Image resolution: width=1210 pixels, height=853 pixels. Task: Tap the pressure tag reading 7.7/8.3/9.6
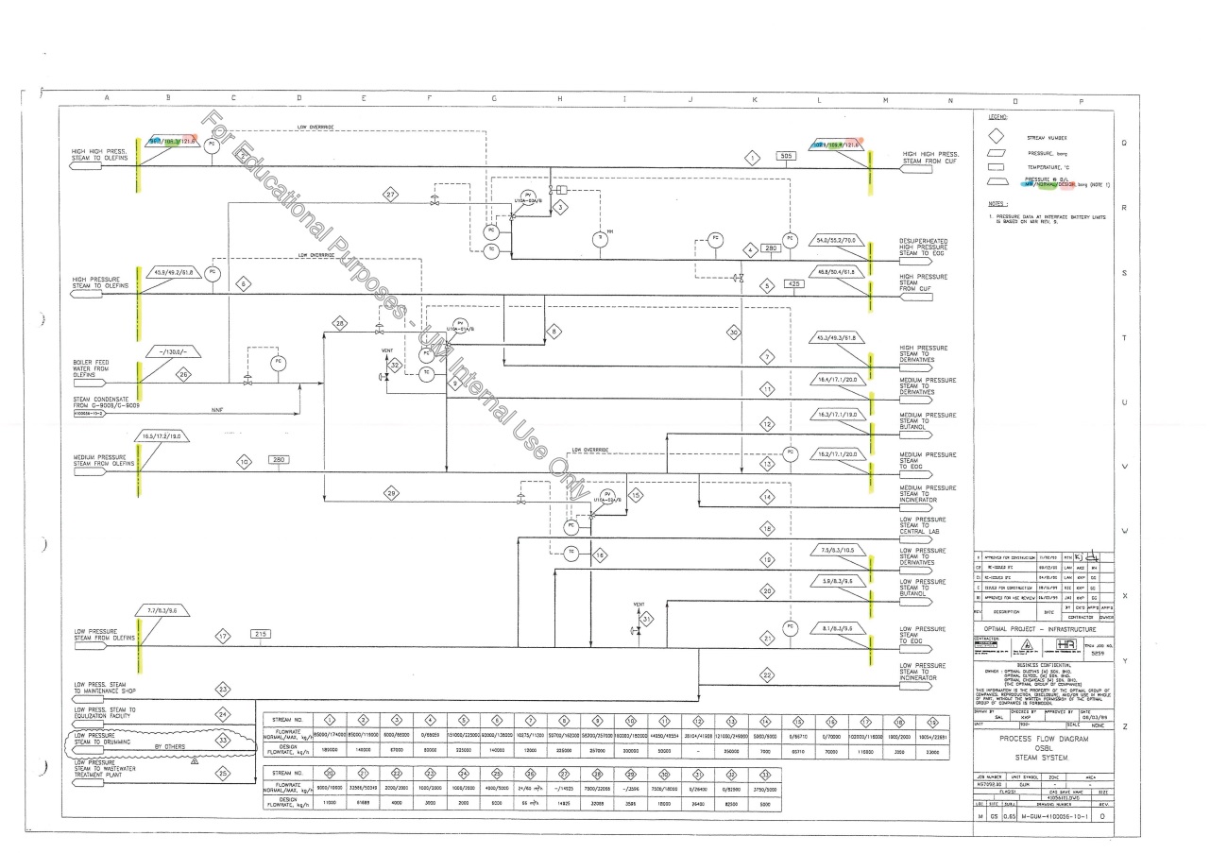(x=167, y=612)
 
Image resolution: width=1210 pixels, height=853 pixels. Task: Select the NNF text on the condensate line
(x=216, y=409)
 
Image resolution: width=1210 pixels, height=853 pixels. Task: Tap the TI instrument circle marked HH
(x=597, y=240)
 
